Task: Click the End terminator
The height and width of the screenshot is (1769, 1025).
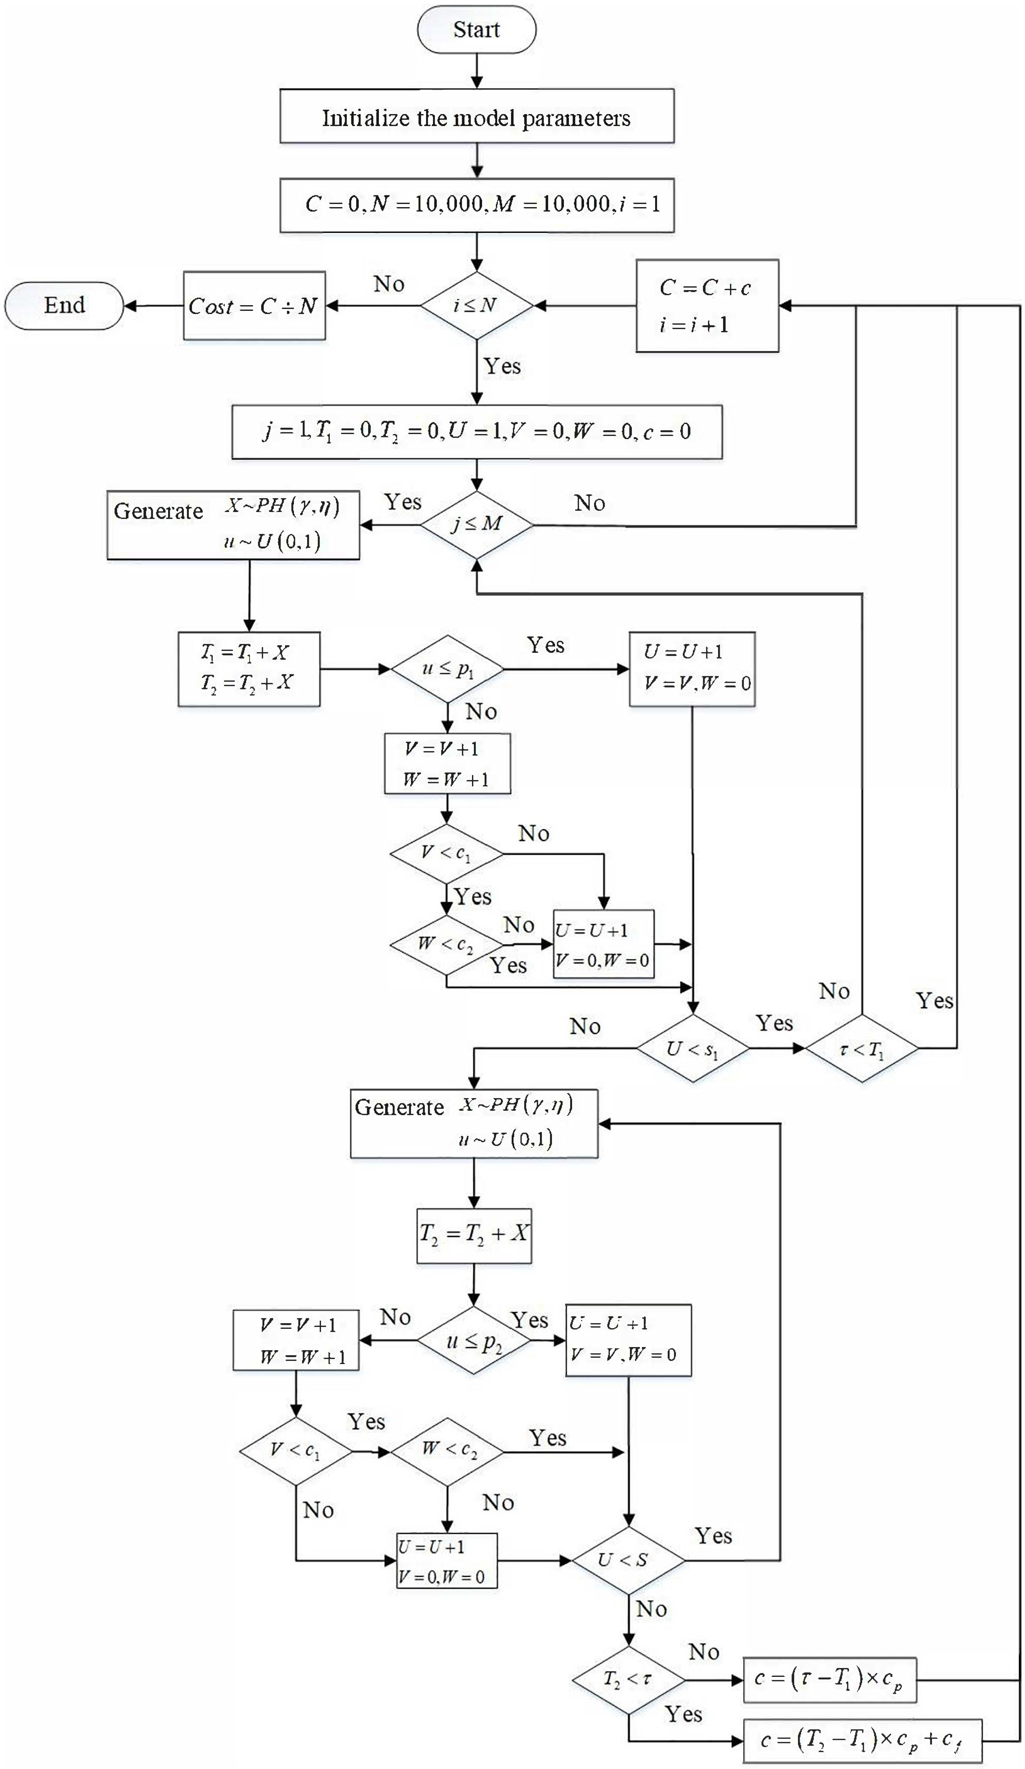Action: pos(64,305)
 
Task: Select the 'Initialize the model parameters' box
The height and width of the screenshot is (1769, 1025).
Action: pos(477,116)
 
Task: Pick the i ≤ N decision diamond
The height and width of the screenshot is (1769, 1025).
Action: pos(477,305)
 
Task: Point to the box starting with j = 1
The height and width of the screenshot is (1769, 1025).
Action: pos(477,431)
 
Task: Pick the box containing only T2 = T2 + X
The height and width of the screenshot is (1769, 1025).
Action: pos(474,1235)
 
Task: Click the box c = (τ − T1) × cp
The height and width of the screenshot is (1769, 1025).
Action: pos(829,1680)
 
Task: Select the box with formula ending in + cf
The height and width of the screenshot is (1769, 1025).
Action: pos(861,1741)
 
